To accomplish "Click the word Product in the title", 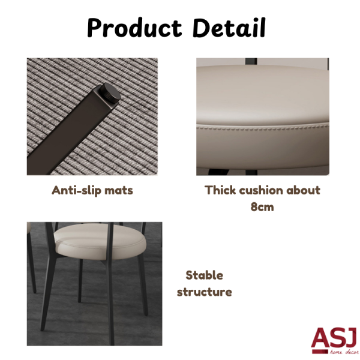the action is (x=135, y=28).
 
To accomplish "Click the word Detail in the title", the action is (x=229, y=28).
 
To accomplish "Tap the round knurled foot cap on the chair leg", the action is (x=110, y=93).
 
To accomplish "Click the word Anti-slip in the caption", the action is (x=76, y=190).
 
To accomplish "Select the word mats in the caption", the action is (x=119, y=191).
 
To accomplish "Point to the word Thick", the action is (x=220, y=190).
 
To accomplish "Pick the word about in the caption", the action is (x=303, y=190).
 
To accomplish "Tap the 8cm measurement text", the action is (x=262, y=207).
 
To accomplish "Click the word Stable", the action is (x=205, y=275).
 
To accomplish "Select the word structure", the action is (x=205, y=292).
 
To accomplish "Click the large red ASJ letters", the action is (x=335, y=338).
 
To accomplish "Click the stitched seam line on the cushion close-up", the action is (x=263, y=127).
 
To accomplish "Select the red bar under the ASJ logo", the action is (x=320, y=352).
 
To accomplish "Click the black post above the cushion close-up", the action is (x=251, y=62).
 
